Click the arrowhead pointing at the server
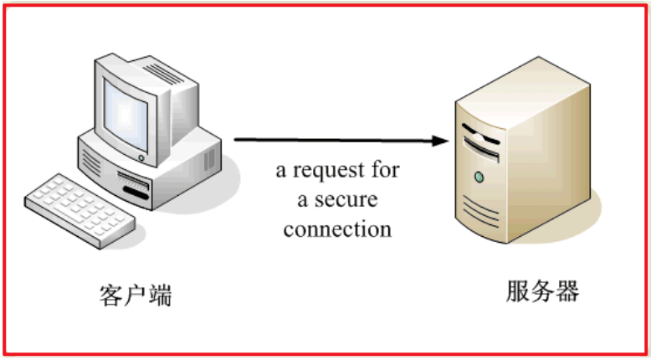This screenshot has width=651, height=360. coord(441,141)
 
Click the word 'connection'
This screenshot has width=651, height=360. coord(337,229)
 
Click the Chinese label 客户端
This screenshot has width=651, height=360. coord(135,295)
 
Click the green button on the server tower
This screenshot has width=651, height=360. coord(479,177)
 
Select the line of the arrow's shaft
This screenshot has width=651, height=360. coord(335,140)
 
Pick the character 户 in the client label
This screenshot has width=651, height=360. coord(135,295)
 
